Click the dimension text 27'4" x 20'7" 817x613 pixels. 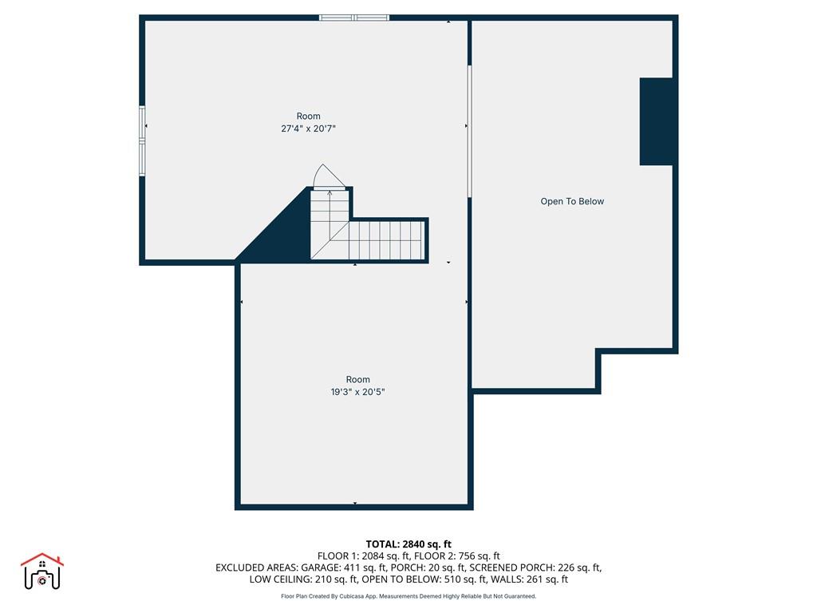(x=308, y=129)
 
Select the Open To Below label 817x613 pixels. (x=572, y=202)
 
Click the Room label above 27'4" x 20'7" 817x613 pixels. (x=308, y=117)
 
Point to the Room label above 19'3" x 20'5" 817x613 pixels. (x=358, y=380)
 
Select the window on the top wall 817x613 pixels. (x=354, y=18)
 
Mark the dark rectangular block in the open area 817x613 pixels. (x=657, y=121)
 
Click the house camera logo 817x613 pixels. (x=41, y=571)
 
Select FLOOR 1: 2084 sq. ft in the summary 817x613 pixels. (x=364, y=556)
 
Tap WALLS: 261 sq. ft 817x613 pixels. (x=532, y=579)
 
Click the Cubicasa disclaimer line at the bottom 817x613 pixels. (x=408, y=596)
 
